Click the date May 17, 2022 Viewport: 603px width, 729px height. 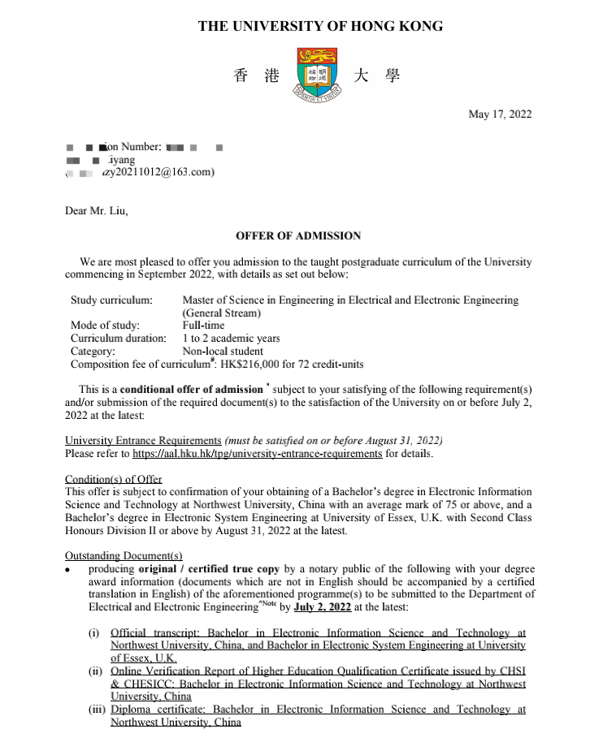coord(500,114)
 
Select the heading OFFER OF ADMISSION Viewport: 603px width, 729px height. coord(297,236)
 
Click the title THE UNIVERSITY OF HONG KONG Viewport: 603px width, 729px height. coord(320,26)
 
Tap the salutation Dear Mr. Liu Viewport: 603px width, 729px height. coord(97,211)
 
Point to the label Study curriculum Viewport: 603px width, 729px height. coord(111,300)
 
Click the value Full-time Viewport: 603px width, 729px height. coord(203,326)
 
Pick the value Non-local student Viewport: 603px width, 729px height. coord(223,352)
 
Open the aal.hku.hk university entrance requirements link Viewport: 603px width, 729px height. coord(257,454)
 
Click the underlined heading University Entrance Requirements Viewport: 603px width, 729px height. coord(143,441)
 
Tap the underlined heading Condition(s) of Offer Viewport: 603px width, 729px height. coord(113,479)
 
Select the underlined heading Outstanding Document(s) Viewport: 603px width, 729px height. coord(124,555)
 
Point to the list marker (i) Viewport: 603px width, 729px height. coord(96,632)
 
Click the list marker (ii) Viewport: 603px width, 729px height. coord(96,671)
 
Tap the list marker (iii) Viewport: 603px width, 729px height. coord(96,710)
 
